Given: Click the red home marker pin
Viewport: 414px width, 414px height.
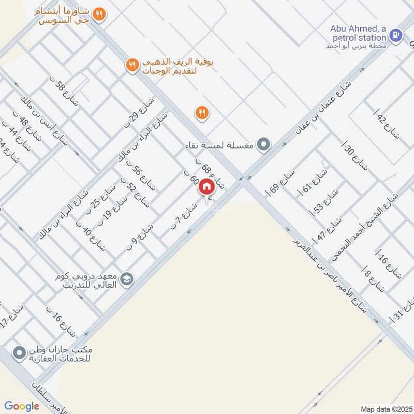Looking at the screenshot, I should coord(206,186).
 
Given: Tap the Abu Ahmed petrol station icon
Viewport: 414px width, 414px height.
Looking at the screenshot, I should coord(396,35).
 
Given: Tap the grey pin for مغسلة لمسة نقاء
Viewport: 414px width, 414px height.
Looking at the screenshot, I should coord(264,144).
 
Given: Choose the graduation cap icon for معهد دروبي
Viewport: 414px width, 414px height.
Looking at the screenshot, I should coord(127,280).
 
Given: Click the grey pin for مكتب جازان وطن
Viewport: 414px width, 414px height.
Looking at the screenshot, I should coord(20,353).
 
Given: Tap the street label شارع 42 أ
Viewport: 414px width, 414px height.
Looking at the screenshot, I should coord(388,127).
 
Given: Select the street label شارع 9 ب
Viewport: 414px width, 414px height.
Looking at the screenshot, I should coord(140,238).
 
